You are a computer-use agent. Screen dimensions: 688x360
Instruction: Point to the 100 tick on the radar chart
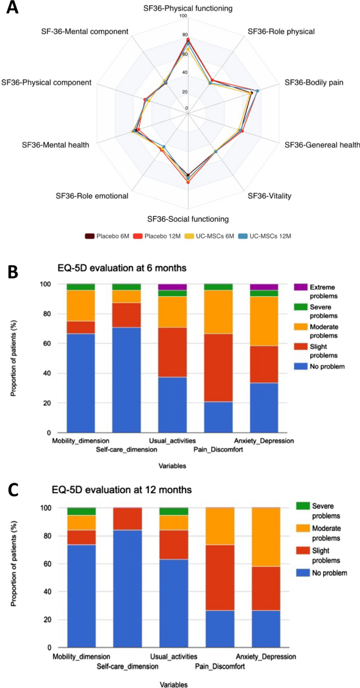pos(183,16)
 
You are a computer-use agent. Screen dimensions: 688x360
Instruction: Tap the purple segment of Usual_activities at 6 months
pos(173,287)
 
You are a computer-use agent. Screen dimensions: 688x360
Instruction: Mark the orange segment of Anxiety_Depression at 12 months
pos(265,537)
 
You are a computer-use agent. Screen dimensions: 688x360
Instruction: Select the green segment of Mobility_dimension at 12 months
pos(81,511)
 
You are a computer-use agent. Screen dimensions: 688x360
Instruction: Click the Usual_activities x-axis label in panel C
pos(173,656)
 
